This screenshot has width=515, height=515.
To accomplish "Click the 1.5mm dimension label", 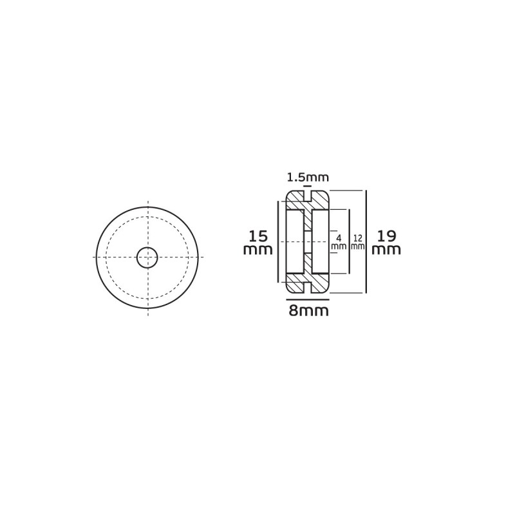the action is pos(308,178).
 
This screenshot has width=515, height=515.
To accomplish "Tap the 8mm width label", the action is pos(308,310).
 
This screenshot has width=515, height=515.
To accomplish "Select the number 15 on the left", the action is pos(258,236).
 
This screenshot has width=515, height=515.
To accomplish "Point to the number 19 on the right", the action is pos(386,236).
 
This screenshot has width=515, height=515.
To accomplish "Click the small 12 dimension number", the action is pos(358,238).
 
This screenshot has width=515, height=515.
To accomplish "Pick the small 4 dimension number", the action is pos(339,238).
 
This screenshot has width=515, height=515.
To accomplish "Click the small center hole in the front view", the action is pos(147,257).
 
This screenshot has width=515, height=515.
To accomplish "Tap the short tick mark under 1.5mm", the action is pos(308,186).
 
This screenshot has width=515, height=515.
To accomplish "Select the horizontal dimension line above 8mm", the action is pos(308,299).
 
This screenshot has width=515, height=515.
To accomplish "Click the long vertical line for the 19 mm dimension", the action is pos(366,241).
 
